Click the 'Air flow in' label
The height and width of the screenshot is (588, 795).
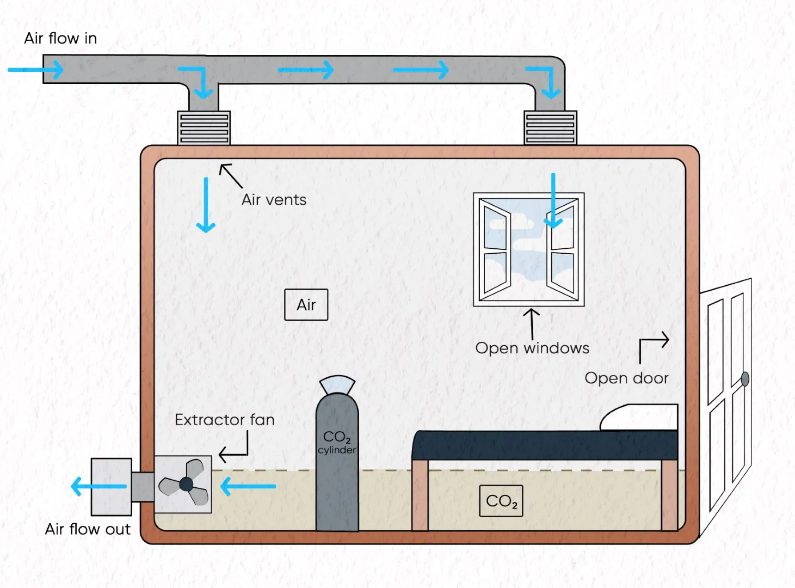coord(60,38)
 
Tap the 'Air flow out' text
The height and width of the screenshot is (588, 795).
coord(88,529)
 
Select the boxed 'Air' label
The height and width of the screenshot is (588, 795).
coord(306,305)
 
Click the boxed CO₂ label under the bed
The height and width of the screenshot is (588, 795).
coord(501,501)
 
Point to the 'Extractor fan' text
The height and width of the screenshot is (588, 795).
coord(224,420)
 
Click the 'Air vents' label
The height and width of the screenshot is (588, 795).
coord(274,200)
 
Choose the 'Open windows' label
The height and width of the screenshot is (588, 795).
coord(532,348)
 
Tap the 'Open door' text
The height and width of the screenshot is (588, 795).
coord(626,378)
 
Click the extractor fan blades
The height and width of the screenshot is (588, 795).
coord(184,483)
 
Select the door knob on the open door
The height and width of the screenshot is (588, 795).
coord(745,379)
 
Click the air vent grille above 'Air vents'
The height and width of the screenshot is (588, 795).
coord(204,128)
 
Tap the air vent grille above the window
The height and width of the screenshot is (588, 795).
coord(550,128)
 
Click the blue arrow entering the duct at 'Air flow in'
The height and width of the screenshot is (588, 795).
coord(36,70)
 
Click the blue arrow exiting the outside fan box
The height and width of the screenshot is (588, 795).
coord(98,486)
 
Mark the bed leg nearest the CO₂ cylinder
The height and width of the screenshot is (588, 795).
coord(420,495)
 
